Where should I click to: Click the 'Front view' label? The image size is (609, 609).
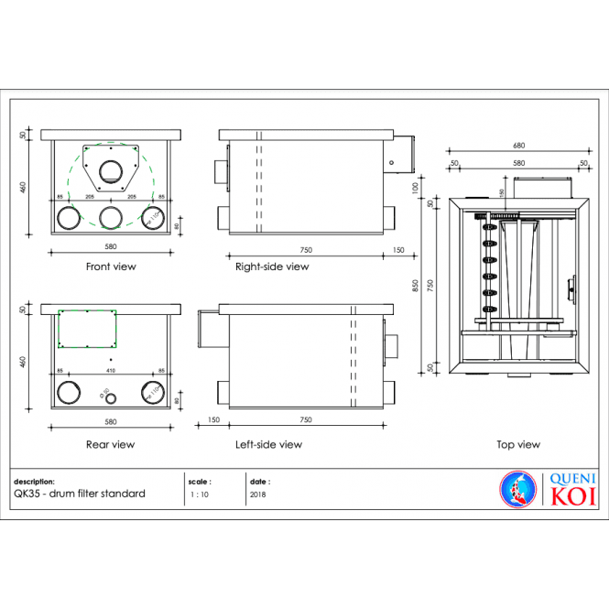pos(110,266)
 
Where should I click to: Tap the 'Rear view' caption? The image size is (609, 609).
pos(110,444)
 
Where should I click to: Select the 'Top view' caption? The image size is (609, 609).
pos(518,444)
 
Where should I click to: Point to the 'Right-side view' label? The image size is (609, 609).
pos(272,266)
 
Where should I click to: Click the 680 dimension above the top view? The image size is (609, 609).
pos(518,146)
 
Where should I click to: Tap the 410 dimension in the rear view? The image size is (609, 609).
pos(111,371)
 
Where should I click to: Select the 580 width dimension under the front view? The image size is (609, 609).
pos(110,245)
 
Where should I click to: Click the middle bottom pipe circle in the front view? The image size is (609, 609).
pos(111,217)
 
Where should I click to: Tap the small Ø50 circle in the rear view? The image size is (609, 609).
pos(110,398)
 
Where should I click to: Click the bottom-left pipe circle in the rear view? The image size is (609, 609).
pos(69,393)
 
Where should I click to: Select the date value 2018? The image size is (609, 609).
pos(257,494)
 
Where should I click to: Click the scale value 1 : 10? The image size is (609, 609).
pos(198,494)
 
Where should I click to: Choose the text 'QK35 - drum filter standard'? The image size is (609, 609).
pos(80,494)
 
